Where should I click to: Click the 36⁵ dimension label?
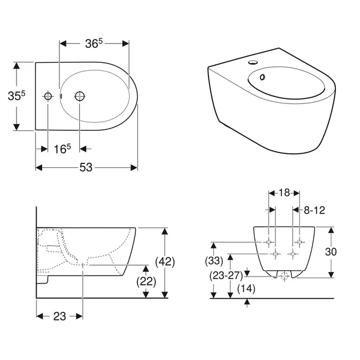point(94,43)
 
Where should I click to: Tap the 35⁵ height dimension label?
point(17,95)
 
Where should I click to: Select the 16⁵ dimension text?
point(62,149)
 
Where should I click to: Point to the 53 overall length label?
point(86,167)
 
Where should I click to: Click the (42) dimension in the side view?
point(165,262)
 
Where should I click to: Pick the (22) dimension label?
point(146,281)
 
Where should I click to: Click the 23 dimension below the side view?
point(59,317)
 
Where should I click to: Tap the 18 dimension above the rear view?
point(284,193)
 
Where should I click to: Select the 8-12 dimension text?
point(314,210)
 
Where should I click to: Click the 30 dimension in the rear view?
point(331,252)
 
